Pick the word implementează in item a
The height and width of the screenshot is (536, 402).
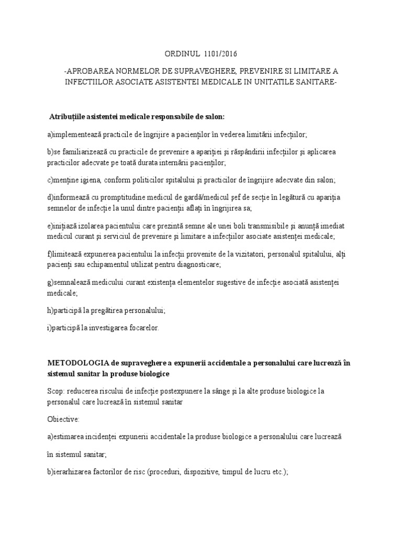click(77, 135)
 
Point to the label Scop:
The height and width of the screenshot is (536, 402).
click(57, 392)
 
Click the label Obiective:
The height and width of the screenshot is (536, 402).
click(63, 419)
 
